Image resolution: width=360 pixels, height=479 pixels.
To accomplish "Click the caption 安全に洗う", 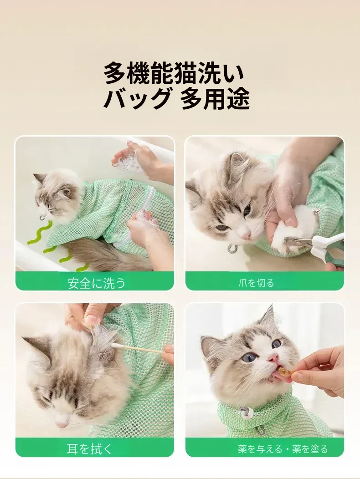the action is coord(96,283).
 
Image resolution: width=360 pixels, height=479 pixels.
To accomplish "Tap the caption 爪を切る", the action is coord(256,283).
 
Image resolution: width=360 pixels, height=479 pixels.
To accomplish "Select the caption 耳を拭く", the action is coord(90,449).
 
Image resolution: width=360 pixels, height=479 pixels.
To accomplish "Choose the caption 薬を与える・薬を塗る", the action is coord(283,449).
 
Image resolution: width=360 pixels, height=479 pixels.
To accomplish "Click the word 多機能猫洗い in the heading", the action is coord(175,73).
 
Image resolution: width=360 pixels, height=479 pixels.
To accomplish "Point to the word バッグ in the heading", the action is coord(137,98).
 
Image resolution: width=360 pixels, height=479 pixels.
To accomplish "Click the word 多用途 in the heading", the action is coord(215,98).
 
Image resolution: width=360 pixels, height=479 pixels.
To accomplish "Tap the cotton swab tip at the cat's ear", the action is coord(115,346).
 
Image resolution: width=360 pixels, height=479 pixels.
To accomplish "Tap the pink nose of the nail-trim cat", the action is coord(246,234).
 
